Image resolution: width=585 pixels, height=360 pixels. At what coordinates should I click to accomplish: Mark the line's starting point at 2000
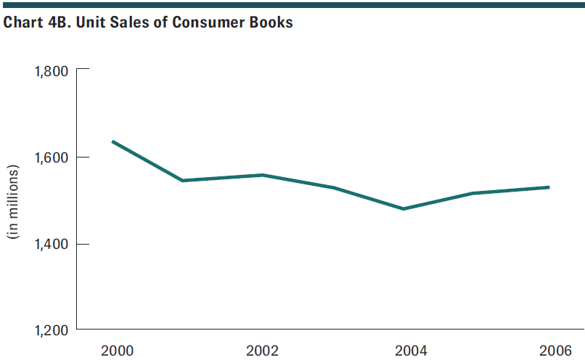tap(112, 142)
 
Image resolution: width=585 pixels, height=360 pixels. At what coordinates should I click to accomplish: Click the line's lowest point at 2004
tap(404, 209)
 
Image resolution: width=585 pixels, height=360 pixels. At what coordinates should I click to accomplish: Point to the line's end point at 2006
tap(549, 187)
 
